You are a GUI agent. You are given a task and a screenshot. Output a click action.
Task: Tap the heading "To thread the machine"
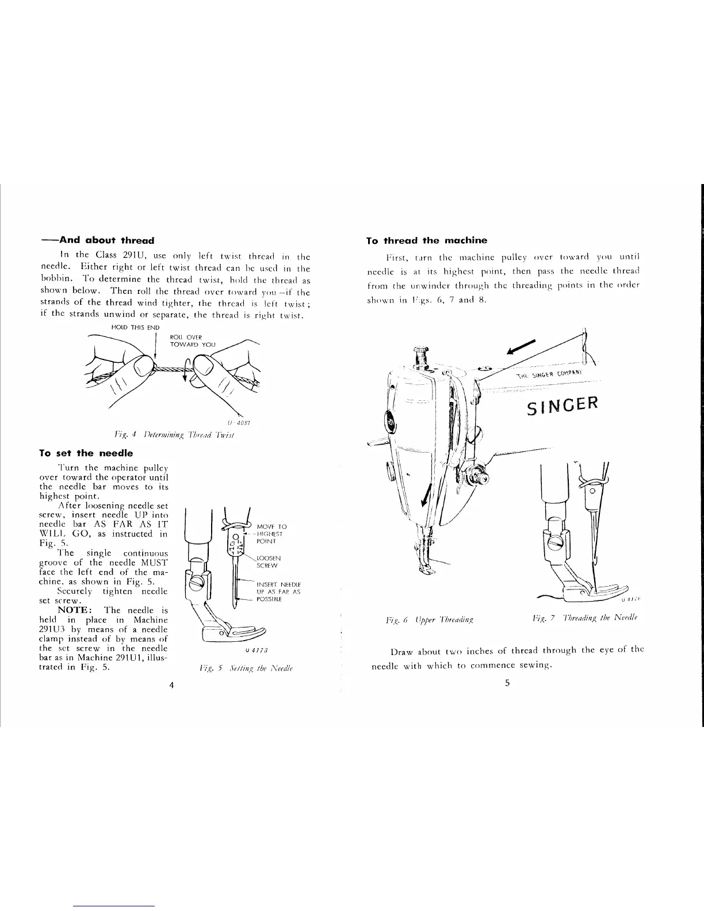pos(427,240)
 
